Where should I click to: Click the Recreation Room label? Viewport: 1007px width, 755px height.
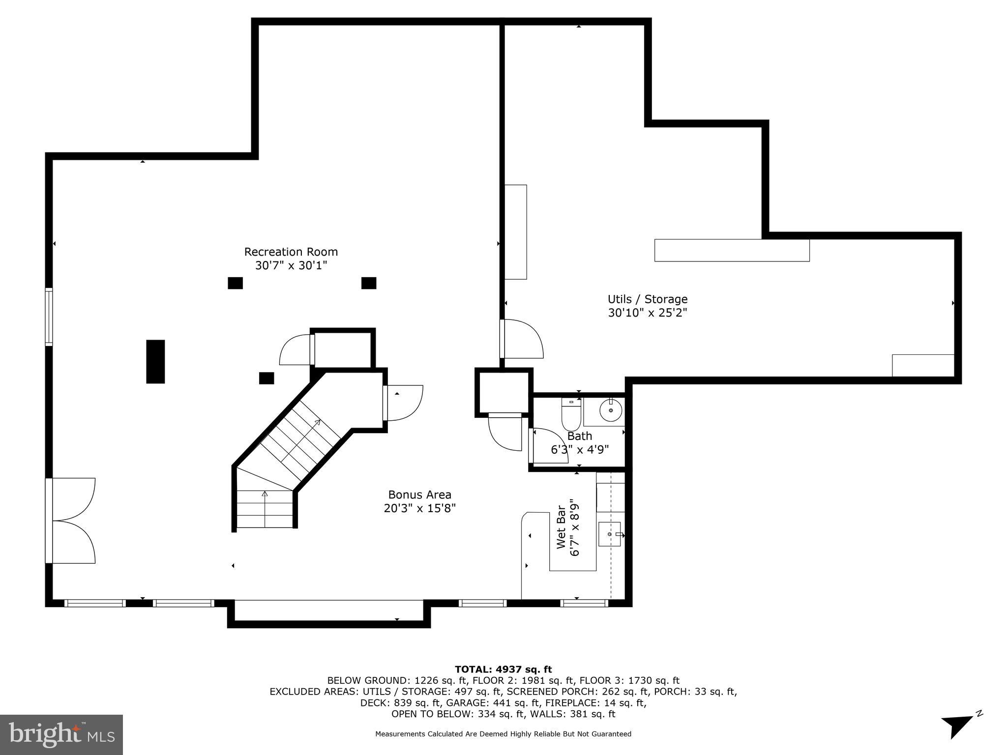pos(291,252)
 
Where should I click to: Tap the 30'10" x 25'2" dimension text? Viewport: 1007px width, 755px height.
pos(647,313)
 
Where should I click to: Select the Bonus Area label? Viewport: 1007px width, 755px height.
pos(419,494)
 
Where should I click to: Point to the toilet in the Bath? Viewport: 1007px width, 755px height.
pos(571,415)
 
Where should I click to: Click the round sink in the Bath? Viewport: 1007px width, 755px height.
pos(611,410)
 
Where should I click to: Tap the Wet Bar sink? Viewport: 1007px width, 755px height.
pos(610,534)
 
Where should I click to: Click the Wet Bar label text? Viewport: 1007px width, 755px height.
pos(561,526)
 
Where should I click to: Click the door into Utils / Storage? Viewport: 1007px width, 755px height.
pos(522,339)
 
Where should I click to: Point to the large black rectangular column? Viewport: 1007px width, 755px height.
pos(155,361)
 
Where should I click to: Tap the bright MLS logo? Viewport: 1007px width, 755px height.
pos(61,735)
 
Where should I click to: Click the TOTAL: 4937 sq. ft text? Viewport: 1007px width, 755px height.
pos(503,669)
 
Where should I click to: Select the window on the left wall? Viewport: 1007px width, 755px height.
pos(49,317)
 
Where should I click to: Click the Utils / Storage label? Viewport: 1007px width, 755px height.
pos(647,299)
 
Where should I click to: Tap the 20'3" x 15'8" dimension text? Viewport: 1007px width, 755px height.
pos(419,508)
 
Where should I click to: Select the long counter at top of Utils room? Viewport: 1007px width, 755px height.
pos(731,250)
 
